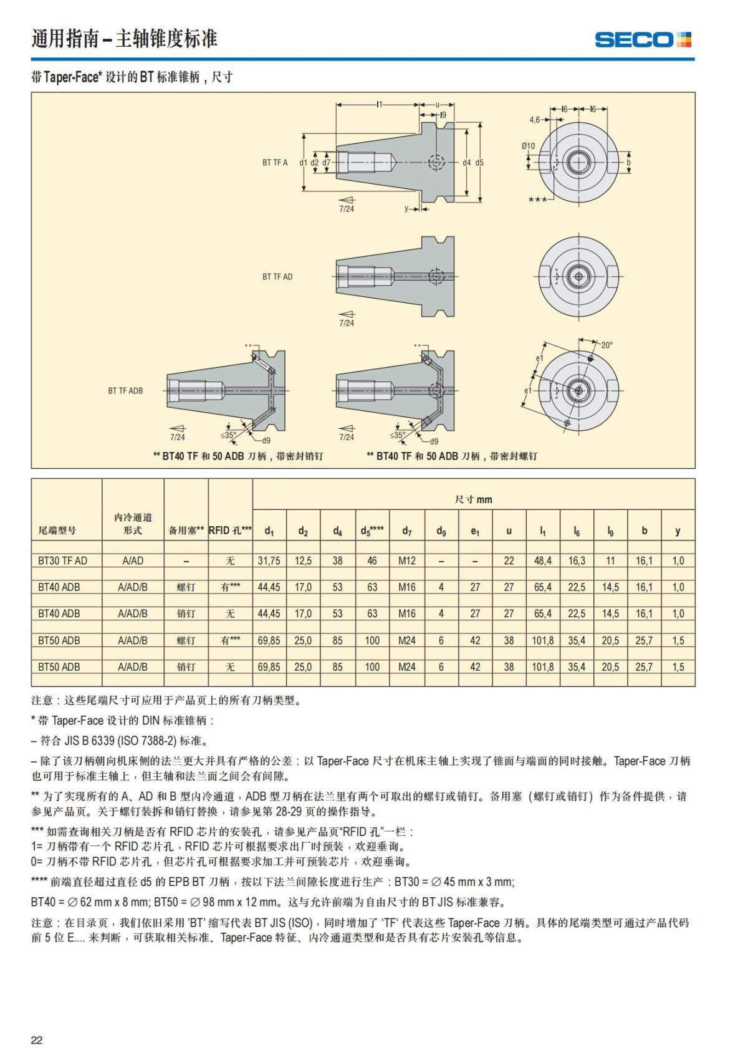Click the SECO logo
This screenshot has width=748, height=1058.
click(643, 40)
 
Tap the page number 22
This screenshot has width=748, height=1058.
click(37, 1040)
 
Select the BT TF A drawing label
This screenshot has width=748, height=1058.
click(275, 163)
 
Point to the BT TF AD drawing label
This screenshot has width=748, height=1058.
click(277, 276)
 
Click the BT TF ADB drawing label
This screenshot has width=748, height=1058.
click(125, 391)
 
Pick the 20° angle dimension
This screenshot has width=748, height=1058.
click(607, 345)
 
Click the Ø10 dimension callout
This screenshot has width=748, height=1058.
click(528, 146)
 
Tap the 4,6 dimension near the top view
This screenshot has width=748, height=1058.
click(535, 119)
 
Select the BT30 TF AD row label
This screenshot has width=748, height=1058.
click(62, 560)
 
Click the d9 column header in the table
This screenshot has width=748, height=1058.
click(441, 531)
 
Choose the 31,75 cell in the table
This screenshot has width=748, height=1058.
click(269, 560)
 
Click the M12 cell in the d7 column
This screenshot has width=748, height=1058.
click(406, 560)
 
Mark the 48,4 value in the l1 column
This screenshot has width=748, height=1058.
click(542, 560)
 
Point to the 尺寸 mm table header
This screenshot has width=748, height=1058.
click(473, 499)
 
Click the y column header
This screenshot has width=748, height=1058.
click(678, 531)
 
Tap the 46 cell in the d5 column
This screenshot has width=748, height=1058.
click(372, 560)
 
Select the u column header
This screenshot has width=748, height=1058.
click(509, 531)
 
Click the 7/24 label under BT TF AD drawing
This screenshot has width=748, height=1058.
click(347, 323)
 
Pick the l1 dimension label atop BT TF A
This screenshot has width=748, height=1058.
click(379, 105)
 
